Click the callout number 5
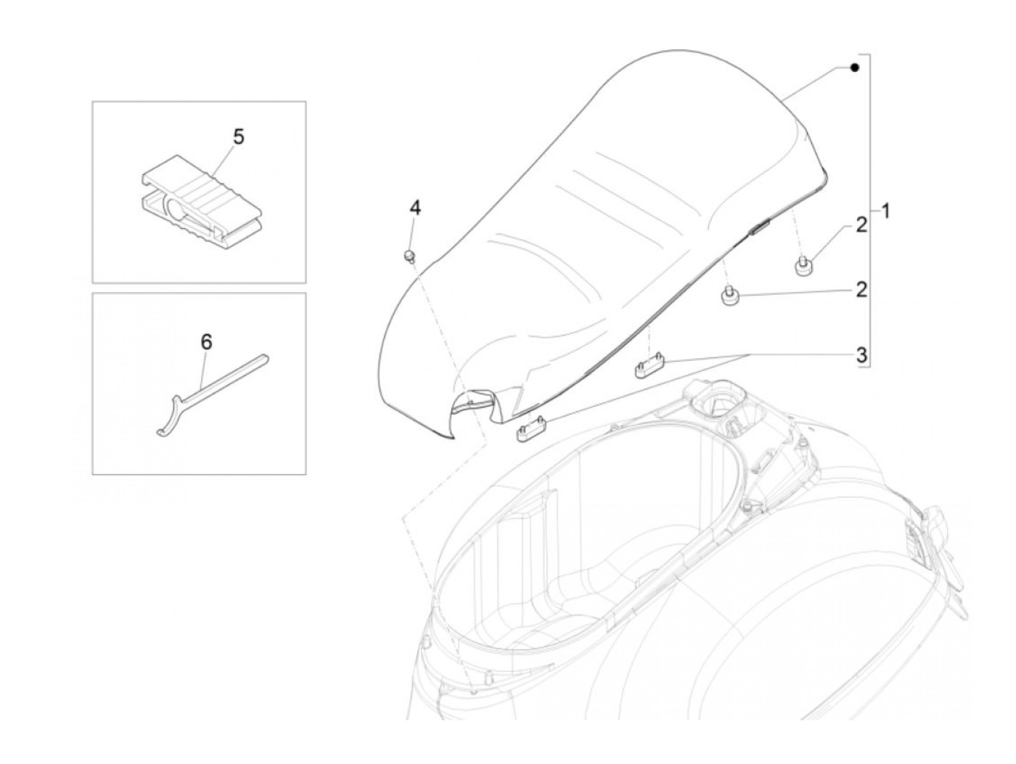pyautogui.click(x=238, y=137)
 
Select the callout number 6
pyautogui.click(x=207, y=341)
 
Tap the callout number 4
pyautogui.click(x=414, y=208)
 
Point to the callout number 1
pyautogui.click(x=885, y=211)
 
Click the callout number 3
pyautogui.click(x=861, y=355)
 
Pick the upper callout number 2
pyautogui.click(x=861, y=225)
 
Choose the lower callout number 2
pyautogui.click(x=861, y=290)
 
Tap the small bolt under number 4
pyautogui.click(x=409, y=256)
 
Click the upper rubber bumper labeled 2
pyautogui.click(x=803, y=268)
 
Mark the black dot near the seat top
pyautogui.click(x=855, y=68)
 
